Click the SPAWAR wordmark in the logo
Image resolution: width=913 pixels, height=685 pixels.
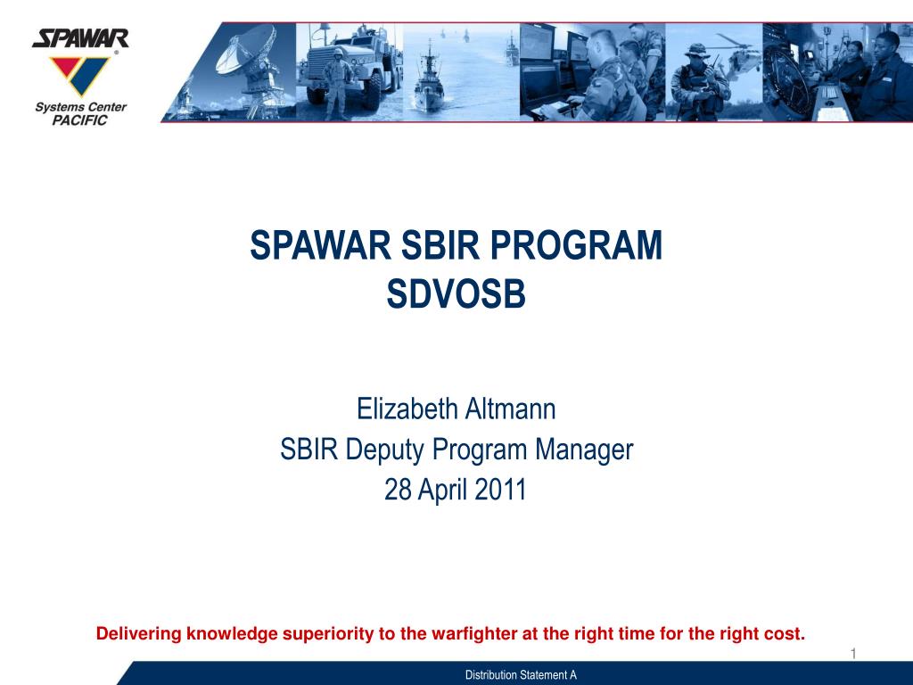80,38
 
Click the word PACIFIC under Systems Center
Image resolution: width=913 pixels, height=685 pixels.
79,120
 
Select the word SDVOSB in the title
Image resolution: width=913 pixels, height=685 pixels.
456,294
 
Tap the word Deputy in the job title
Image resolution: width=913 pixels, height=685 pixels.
388,450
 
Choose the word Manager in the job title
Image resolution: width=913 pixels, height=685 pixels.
584,450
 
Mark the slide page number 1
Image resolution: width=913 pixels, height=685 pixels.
852,655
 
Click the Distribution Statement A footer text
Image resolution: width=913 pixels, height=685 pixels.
521,675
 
